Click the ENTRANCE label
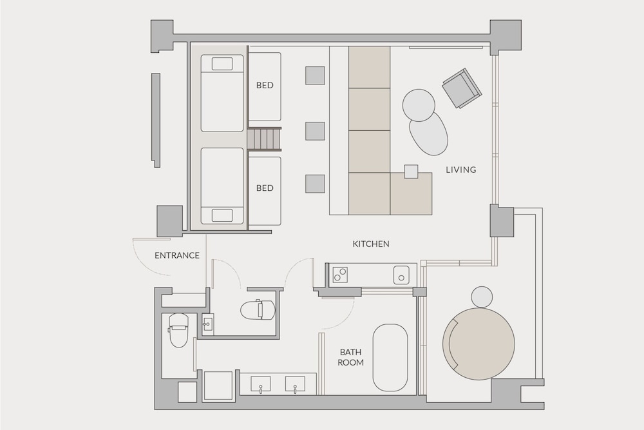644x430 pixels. point(177,255)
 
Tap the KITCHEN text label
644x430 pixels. point(371,244)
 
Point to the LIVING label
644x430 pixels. point(461,170)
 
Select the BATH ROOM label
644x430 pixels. point(352,357)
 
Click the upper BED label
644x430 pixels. point(265,85)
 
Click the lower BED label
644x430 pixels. point(265,188)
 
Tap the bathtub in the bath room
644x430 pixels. point(390,357)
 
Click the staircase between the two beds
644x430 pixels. point(265,139)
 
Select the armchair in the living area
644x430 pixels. point(461,88)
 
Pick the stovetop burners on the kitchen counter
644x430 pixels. point(339,275)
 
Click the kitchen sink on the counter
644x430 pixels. point(401,275)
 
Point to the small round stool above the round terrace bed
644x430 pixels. point(482,297)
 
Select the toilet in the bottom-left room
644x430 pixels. point(177,329)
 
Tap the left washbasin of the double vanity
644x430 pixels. point(260,386)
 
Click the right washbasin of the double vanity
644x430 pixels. point(295,386)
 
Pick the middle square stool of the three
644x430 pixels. point(315,132)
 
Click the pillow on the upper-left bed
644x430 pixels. point(222,63)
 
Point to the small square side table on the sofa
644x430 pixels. point(411,171)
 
